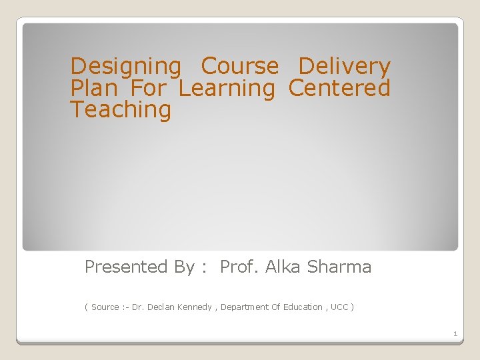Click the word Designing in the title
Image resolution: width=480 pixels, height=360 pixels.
pos(125,67)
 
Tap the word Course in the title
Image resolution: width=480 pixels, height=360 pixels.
pos(240,67)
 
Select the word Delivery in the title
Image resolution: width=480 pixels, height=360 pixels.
pos(344,67)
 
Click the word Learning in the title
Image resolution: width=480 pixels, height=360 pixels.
pos(227,88)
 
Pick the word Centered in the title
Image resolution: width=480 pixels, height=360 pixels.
pos(339,88)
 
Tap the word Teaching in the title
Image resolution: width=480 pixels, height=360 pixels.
pos(121,109)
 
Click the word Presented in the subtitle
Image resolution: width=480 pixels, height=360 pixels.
pos(126,267)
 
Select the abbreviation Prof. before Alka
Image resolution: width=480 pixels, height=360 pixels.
pos(239,267)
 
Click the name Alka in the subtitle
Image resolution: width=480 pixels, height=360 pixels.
pos(283,267)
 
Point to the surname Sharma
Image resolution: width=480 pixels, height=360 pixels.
pos(339,267)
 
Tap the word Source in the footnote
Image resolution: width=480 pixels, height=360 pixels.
pos(105,307)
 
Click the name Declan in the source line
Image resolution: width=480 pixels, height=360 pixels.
pos(160,307)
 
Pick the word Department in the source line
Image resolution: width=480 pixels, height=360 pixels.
pos(245,307)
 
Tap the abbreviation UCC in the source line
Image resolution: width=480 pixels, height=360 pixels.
pos(339,307)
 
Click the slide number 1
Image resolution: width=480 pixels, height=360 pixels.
pos(455,333)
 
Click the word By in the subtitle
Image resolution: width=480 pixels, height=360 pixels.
pos(184,267)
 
